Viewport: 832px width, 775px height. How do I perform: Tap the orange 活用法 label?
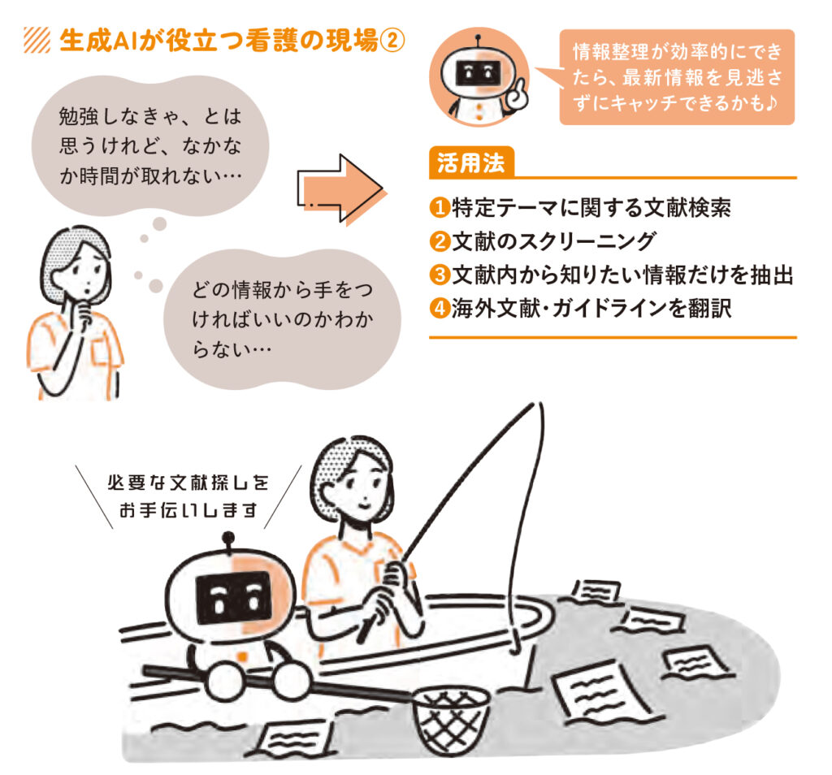(470, 162)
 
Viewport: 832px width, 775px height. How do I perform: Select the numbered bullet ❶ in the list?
(439, 208)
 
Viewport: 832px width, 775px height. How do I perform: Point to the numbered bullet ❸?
(439, 275)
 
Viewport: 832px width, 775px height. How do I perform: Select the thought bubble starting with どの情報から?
(284, 317)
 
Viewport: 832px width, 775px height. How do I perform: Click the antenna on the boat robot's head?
(228, 539)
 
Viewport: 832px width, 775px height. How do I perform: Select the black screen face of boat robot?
(233, 598)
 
